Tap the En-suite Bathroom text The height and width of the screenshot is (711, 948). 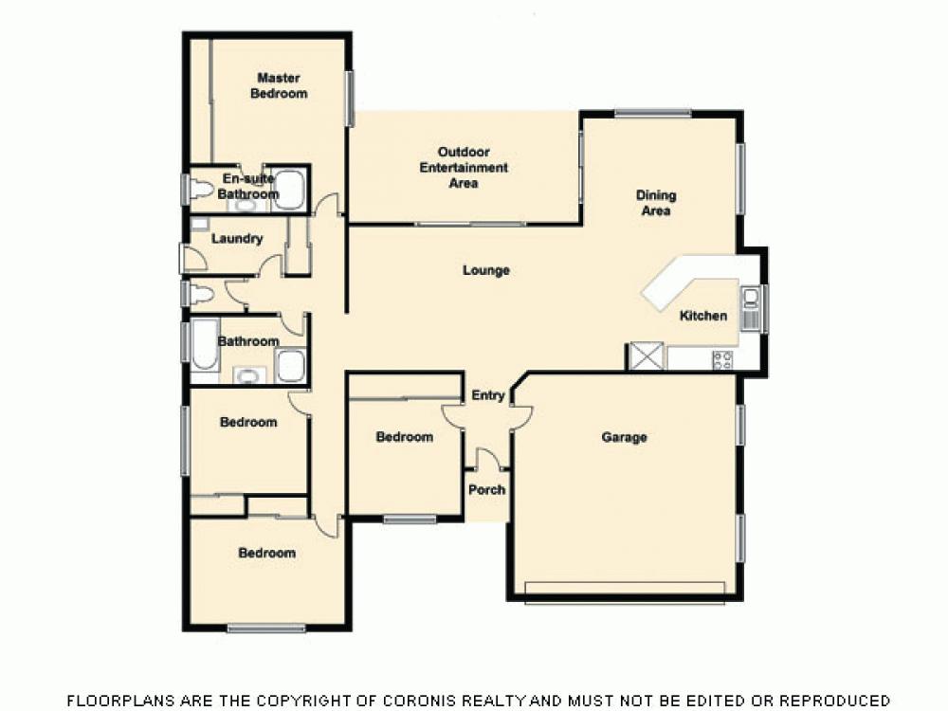click(x=248, y=186)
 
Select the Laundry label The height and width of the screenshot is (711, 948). click(x=237, y=239)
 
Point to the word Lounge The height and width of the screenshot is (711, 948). click(x=486, y=271)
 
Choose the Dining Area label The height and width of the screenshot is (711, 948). click(x=656, y=203)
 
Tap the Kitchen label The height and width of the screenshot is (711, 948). click(x=703, y=316)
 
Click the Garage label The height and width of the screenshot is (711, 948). click(x=625, y=437)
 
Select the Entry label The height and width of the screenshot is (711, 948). click(x=487, y=396)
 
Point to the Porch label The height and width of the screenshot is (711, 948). click(x=487, y=490)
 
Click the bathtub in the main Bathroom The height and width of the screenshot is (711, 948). click(x=204, y=347)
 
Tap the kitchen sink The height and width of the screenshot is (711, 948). click(x=750, y=308)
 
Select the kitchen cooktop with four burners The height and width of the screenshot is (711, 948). click(x=722, y=360)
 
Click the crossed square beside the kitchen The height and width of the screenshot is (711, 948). click(x=647, y=356)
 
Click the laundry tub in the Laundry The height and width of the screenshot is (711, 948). click(x=199, y=225)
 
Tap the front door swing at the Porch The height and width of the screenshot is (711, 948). click(x=487, y=461)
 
